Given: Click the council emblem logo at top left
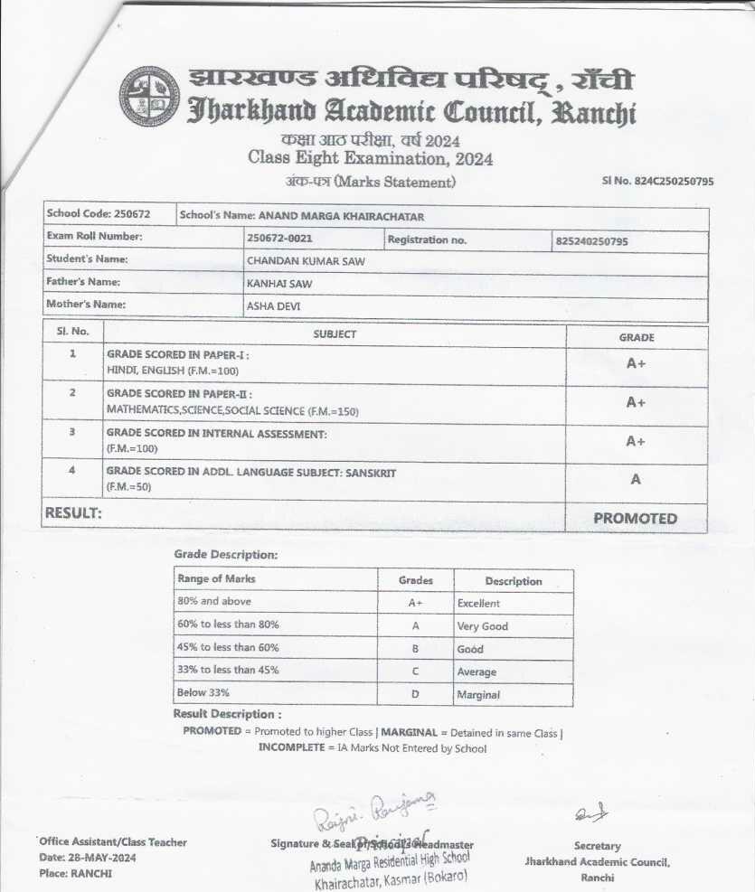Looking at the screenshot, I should (x=150, y=96).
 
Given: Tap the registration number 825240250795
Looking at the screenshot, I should (x=592, y=242).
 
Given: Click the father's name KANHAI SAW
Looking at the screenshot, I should (x=273, y=283).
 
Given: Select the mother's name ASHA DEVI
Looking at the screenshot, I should (x=273, y=306).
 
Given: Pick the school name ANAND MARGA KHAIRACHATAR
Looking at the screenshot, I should (x=341, y=216).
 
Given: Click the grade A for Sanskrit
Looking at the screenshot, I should (x=636, y=480).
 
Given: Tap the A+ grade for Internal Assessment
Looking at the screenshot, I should (x=636, y=441).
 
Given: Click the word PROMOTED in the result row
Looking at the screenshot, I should (x=635, y=519).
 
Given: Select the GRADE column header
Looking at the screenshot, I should (x=636, y=337).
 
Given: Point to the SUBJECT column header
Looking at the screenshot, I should (x=335, y=334).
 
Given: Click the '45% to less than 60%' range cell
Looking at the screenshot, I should (x=229, y=647).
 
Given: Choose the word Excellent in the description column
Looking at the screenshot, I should (x=478, y=603).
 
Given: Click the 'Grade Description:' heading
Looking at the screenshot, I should (x=226, y=554).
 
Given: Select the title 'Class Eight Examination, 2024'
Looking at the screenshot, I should (x=371, y=158).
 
